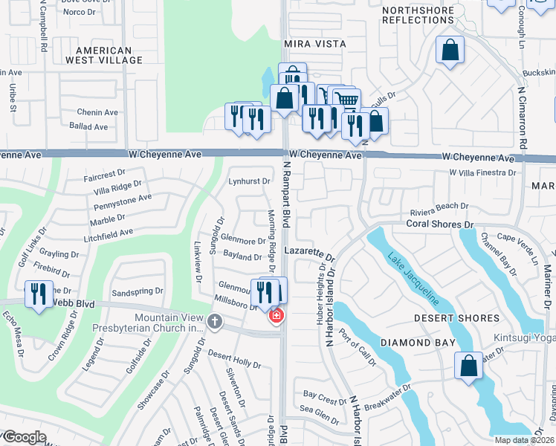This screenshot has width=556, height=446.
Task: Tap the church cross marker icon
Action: [x=215, y=322]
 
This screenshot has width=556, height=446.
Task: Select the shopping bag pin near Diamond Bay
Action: [x=468, y=366]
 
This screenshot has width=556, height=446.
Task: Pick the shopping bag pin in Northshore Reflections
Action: [x=450, y=51]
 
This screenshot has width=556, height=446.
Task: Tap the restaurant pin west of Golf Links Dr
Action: [x=37, y=294]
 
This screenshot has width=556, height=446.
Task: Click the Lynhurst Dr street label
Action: [x=249, y=181]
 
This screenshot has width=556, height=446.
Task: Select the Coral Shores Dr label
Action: [x=439, y=224]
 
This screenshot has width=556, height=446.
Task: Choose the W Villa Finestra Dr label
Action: [x=482, y=172]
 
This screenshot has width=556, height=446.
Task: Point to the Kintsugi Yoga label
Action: [x=525, y=338]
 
